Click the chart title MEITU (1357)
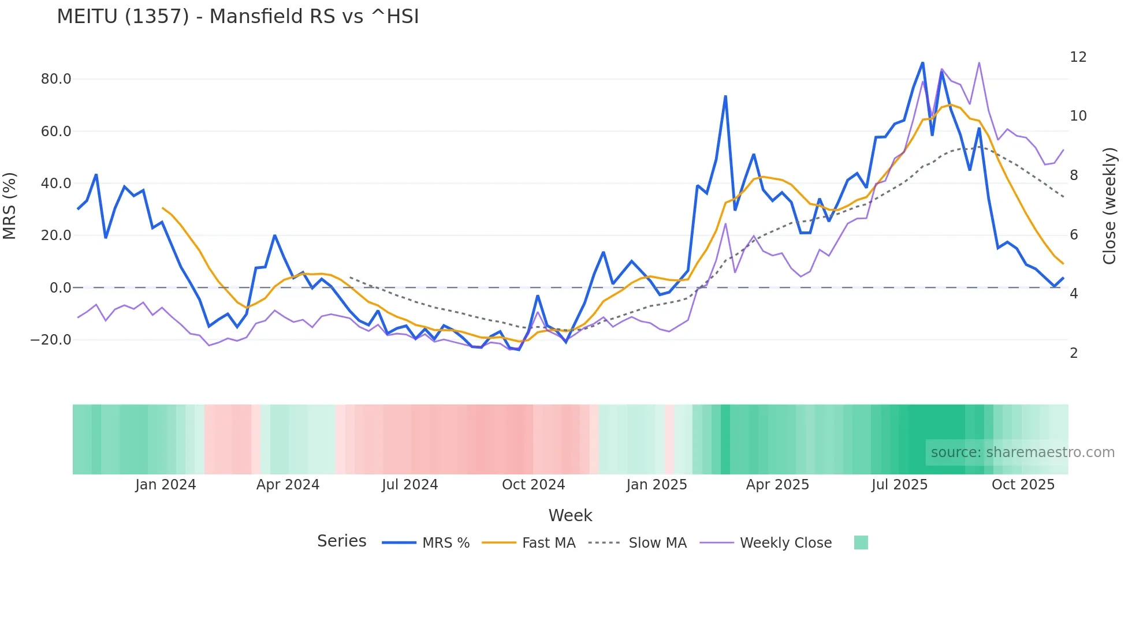point(237,17)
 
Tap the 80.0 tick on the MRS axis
point(56,79)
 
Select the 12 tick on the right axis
point(1078,57)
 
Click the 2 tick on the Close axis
point(1074,353)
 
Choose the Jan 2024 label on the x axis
point(166,485)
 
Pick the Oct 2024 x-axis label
point(533,485)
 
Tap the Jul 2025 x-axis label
point(899,485)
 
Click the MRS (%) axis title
point(10,206)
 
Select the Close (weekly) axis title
point(1109,206)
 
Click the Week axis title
point(570,515)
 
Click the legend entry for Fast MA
point(548,543)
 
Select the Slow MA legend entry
point(657,543)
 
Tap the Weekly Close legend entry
point(785,543)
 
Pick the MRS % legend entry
point(445,543)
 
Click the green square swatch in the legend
point(861,543)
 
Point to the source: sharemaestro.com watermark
point(1022,452)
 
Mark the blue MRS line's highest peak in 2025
point(922,62)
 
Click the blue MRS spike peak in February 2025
point(725,96)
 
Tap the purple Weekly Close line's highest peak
point(979,62)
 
